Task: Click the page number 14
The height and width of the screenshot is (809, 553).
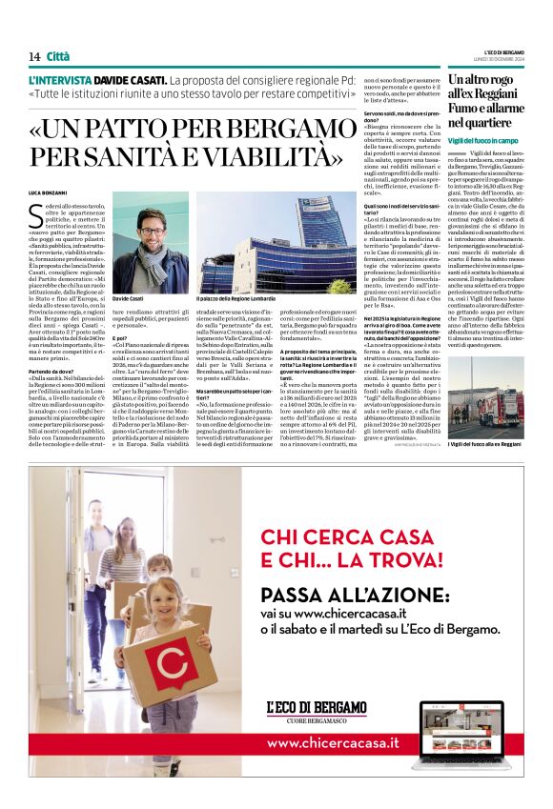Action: pyautogui.click(x=33, y=56)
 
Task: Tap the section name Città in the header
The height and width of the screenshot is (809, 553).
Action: pyautogui.click(x=59, y=56)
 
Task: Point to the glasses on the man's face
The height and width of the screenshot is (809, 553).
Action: pyautogui.click(x=151, y=231)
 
